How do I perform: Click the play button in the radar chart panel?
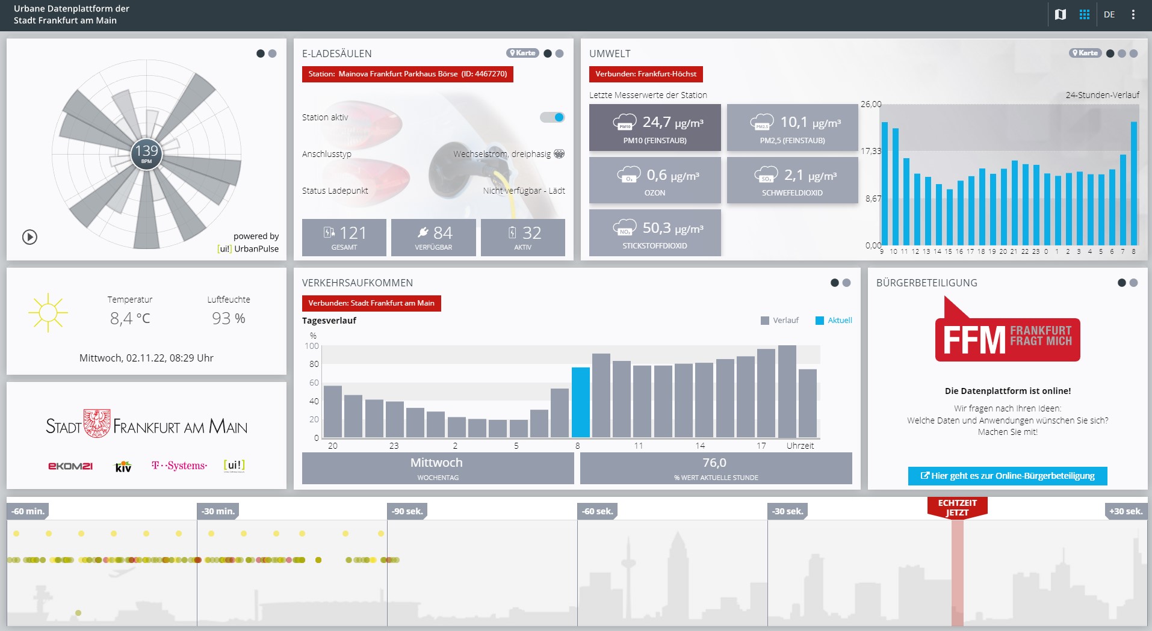[29, 237]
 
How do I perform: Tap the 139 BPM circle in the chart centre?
[146, 153]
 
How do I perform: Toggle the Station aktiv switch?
[553, 117]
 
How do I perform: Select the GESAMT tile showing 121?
[344, 237]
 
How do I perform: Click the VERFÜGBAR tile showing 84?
[433, 237]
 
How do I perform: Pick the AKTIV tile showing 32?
[522, 237]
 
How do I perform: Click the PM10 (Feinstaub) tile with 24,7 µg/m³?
[655, 128]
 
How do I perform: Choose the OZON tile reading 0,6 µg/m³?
[655, 180]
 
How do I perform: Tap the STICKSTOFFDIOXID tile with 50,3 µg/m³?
[655, 233]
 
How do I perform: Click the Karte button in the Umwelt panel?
[1085, 53]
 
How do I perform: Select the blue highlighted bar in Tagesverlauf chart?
[581, 402]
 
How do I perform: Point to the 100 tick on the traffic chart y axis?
[312, 346]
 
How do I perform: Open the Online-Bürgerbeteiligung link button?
[1008, 476]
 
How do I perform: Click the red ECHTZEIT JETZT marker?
[957, 508]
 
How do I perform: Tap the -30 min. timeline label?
[218, 511]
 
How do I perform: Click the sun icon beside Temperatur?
[48, 313]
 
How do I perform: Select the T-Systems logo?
[179, 466]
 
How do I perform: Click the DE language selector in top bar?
[1109, 14]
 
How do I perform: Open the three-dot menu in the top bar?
[1133, 14]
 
